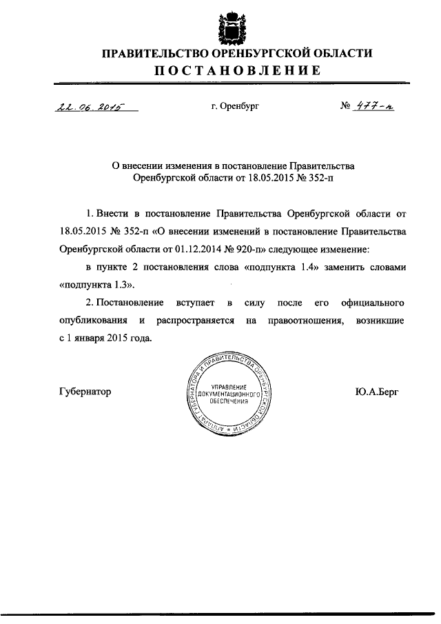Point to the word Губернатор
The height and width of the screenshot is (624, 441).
[x=84, y=392]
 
